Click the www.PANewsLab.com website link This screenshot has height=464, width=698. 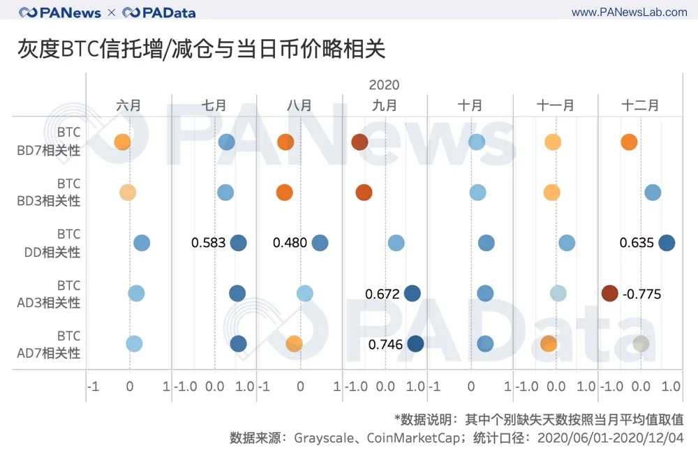[629, 13]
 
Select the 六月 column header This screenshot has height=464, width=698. [128, 105]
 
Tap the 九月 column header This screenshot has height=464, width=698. [384, 105]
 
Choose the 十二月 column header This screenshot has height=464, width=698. [639, 105]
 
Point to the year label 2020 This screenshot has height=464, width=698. [384, 85]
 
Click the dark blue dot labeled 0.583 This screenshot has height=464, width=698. [239, 243]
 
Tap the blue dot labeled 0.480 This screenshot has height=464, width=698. [320, 243]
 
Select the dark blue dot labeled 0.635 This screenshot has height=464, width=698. [667, 243]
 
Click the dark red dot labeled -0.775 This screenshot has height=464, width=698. [609, 294]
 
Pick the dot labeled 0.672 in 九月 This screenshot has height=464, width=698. [413, 294]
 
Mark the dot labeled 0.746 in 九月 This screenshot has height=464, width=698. [415, 343]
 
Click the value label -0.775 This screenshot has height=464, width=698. [641, 294]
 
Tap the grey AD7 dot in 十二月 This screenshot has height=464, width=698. [641, 343]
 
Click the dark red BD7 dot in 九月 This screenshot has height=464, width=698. [359, 142]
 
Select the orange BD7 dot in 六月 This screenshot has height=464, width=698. [122, 142]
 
